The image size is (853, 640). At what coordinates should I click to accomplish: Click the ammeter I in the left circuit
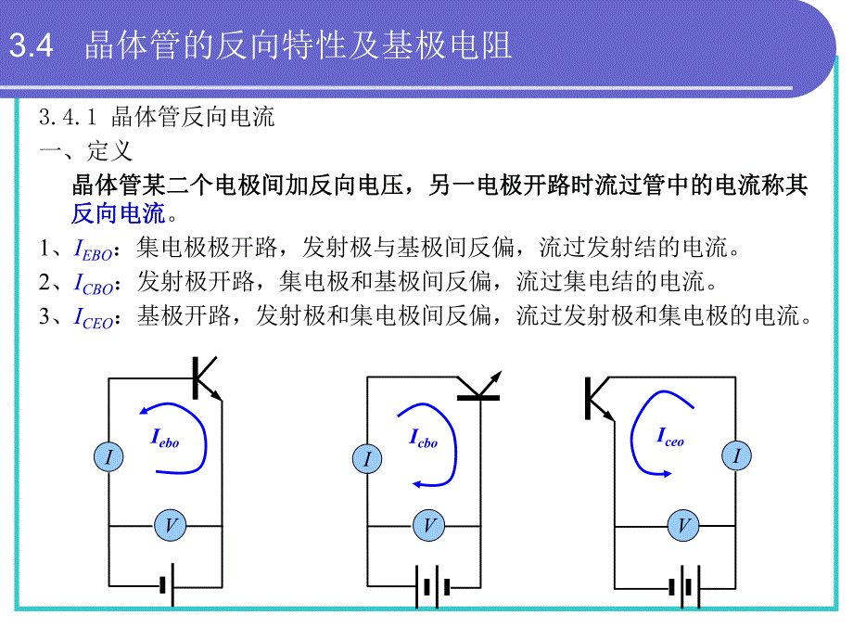tap(109, 456)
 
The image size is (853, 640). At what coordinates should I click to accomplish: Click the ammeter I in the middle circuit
tap(367, 458)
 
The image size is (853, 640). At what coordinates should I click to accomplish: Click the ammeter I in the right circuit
tap(737, 455)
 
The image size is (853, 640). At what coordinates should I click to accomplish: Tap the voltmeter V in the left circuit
tap(171, 526)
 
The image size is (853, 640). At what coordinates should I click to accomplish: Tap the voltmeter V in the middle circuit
tap(428, 526)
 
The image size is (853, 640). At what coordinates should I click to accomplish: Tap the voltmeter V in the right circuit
tap(684, 527)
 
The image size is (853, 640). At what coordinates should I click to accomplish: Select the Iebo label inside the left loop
tap(164, 438)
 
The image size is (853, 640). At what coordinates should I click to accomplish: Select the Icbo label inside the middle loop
tap(423, 439)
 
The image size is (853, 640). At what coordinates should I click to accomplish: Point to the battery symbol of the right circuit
tap(682, 587)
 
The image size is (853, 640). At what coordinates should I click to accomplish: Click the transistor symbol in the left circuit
tap(204, 378)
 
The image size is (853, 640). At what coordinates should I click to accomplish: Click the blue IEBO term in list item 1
tap(92, 250)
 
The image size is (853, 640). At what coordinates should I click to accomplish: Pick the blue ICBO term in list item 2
tap(93, 284)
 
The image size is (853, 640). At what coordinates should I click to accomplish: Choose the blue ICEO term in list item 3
tap(93, 318)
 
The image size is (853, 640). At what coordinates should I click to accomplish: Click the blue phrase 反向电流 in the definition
tap(118, 214)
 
